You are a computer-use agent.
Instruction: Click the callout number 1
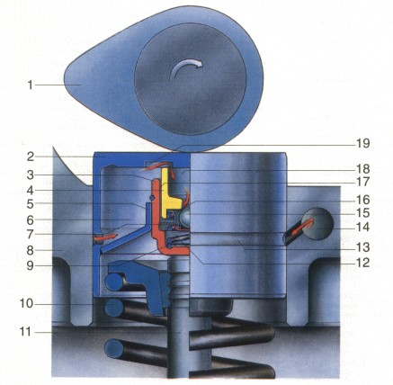[30, 85]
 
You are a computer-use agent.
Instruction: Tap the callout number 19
[363, 143]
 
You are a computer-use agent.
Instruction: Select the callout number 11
[25, 332]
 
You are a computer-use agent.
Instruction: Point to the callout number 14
[363, 227]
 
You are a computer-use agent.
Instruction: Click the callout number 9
[30, 265]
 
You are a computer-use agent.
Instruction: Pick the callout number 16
[363, 200]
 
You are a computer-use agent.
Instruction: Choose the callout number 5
[30, 204]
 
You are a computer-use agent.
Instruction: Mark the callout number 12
[363, 263]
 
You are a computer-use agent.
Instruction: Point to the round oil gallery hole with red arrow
[318, 223]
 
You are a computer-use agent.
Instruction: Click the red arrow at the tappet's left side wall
[105, 237]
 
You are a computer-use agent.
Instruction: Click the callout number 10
[26, 304]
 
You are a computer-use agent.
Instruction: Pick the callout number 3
[30, 175]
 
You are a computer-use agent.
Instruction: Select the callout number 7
[30, 235]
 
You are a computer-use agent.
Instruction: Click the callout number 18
[363, 169]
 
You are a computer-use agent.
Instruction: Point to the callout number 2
[30, 157]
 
